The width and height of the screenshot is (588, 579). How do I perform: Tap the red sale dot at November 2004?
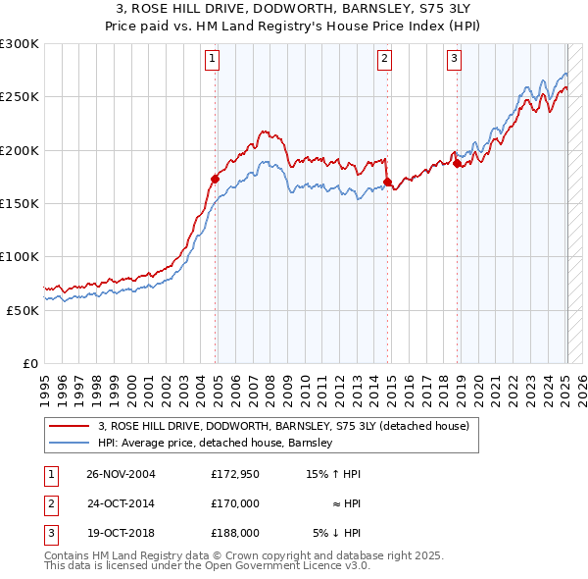[215, 179]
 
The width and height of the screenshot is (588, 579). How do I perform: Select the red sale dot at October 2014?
[387, 182]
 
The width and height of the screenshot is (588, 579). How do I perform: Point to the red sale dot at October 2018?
[457, 163]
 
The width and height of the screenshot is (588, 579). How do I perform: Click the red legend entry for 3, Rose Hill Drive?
[284, 426]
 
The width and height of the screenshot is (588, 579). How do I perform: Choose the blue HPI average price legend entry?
[216, 443]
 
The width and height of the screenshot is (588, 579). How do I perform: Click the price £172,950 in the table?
[235, 474]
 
